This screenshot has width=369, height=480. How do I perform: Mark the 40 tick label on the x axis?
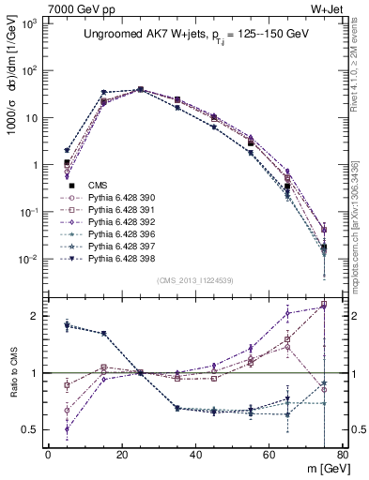(x=195, y=455)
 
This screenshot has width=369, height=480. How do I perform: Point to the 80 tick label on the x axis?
(x=343, y=455)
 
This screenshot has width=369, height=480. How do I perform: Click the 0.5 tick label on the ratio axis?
(x=30, y=429)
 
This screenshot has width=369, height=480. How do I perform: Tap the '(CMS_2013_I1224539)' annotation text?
(x=194, y=278)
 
